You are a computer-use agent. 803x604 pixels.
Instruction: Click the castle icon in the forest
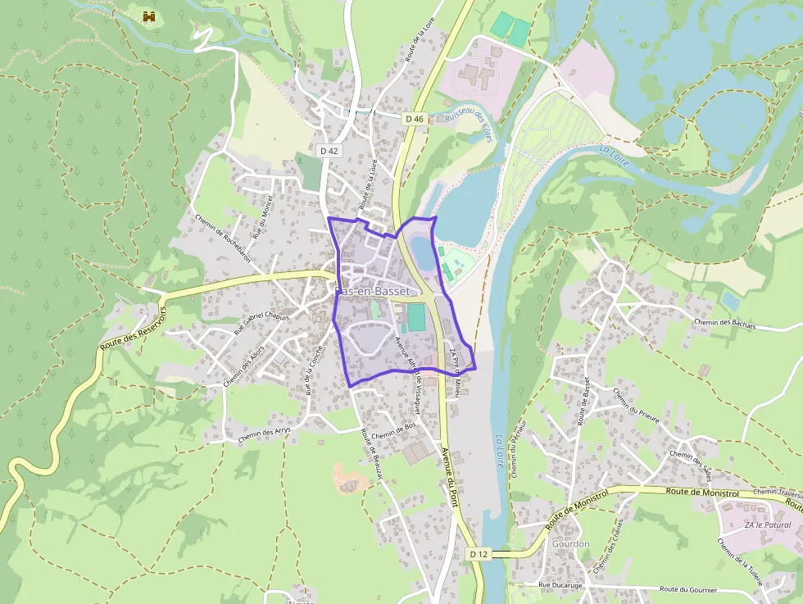pyautogui.click(x=148, y=16)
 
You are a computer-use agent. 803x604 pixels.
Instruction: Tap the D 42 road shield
pyautogui.click(x=329, y=151)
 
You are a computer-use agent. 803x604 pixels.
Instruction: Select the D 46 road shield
pyautogui.click(x=415, y=119)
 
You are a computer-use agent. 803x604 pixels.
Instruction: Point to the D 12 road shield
pyautogui.click(x=479, y=554)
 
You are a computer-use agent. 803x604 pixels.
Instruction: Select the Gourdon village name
pyautogui.click(x=571, y=543)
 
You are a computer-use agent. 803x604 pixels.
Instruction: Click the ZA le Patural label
pyautogui.click(x=767, y=525)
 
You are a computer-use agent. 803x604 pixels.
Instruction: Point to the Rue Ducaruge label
pyautogui.click(x=565, y=585)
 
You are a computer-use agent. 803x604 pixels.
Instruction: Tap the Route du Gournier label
pyautogui.click(x=688, y=589)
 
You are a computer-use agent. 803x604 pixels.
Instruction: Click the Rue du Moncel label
pyautogui.click(x=261, y=219)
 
